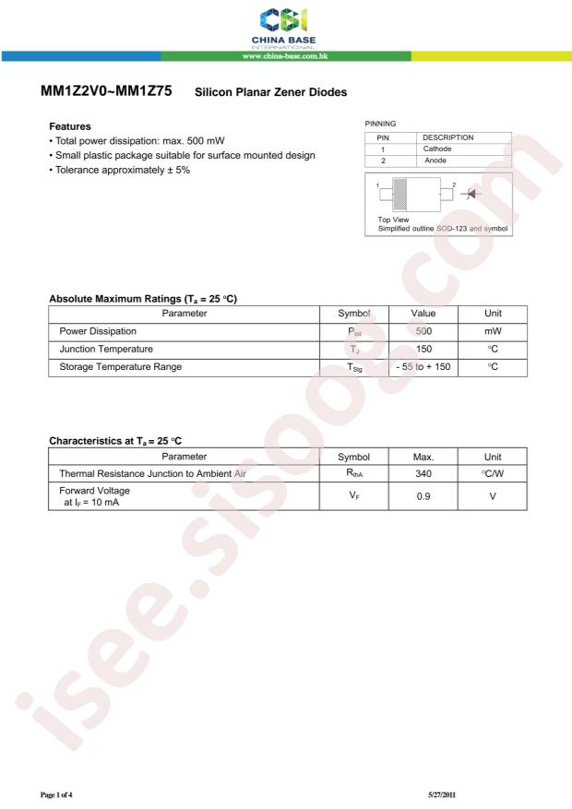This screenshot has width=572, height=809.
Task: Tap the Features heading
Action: point(69,126)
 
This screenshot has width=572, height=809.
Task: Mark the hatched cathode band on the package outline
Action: point(399,194)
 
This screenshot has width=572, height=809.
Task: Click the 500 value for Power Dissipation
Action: point(423,331)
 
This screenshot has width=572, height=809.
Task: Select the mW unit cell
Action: point(493,331)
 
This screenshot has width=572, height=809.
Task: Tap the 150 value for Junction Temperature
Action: point(423,349)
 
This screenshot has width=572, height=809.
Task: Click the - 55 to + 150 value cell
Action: point(423,366)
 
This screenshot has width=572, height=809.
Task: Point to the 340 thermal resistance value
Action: point(423,473)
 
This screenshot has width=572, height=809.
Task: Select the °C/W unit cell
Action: point(493,473)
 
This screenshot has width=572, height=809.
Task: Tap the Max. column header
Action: point(423,456)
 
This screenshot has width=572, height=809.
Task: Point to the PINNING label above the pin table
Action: point(381,123)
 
